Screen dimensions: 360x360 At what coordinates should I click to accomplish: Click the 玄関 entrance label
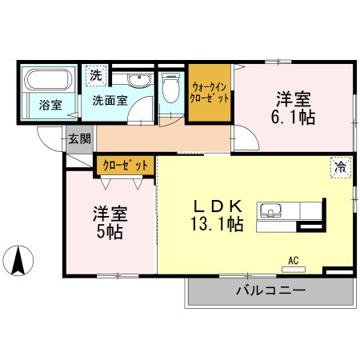[79, 138]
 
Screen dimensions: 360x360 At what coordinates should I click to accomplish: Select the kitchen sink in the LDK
[269, 212]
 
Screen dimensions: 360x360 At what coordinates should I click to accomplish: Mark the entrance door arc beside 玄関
[50, 139]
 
